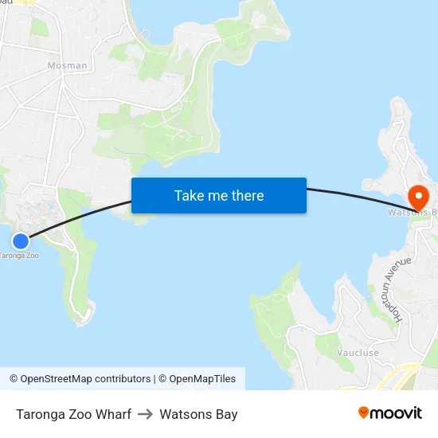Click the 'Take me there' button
219,195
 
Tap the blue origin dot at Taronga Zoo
21,241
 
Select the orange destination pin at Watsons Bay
417,196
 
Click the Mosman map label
68,65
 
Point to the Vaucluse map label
358,352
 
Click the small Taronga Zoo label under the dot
18,256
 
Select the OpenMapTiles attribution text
202,379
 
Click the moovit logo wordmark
397,413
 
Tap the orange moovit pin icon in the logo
364,413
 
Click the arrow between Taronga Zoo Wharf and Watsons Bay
145,414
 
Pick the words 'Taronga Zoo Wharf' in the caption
73,414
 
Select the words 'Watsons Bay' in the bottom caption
198,414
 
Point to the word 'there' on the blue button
246,195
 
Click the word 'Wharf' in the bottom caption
113,414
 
